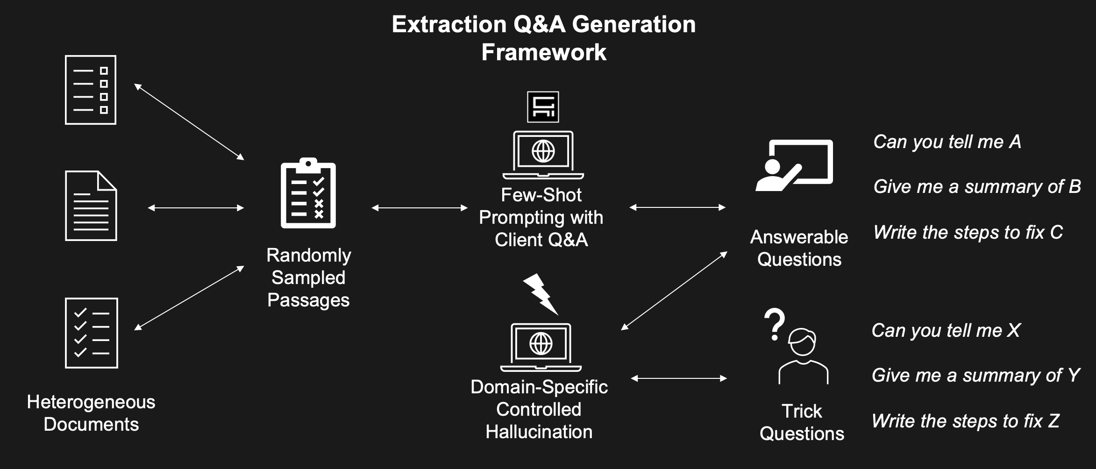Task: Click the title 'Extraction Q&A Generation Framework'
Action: click(544, 38)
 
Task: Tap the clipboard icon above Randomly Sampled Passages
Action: click(308, 193)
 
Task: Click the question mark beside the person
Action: click(774, 324)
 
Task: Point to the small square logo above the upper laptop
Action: click(543, 107)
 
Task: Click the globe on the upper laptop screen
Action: click(543, 151)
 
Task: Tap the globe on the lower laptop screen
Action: click(541, 344)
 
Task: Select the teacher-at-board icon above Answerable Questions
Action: click(794, 165)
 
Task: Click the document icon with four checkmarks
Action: click(92, 333)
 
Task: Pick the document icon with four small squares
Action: click(91, 90)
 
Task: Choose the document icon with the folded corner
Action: click(91, 206)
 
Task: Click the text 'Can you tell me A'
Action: click(947, 142)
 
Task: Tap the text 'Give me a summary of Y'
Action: click(976, 375)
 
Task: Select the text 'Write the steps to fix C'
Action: click(968, 232)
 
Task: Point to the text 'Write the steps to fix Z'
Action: click(966, 421)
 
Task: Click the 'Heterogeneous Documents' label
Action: click(91, 413)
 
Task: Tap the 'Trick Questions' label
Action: click(802, 422)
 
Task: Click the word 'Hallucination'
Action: click(539, 432)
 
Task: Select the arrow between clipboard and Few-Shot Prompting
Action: click(420, 208)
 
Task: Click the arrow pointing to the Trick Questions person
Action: click(679, 378)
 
